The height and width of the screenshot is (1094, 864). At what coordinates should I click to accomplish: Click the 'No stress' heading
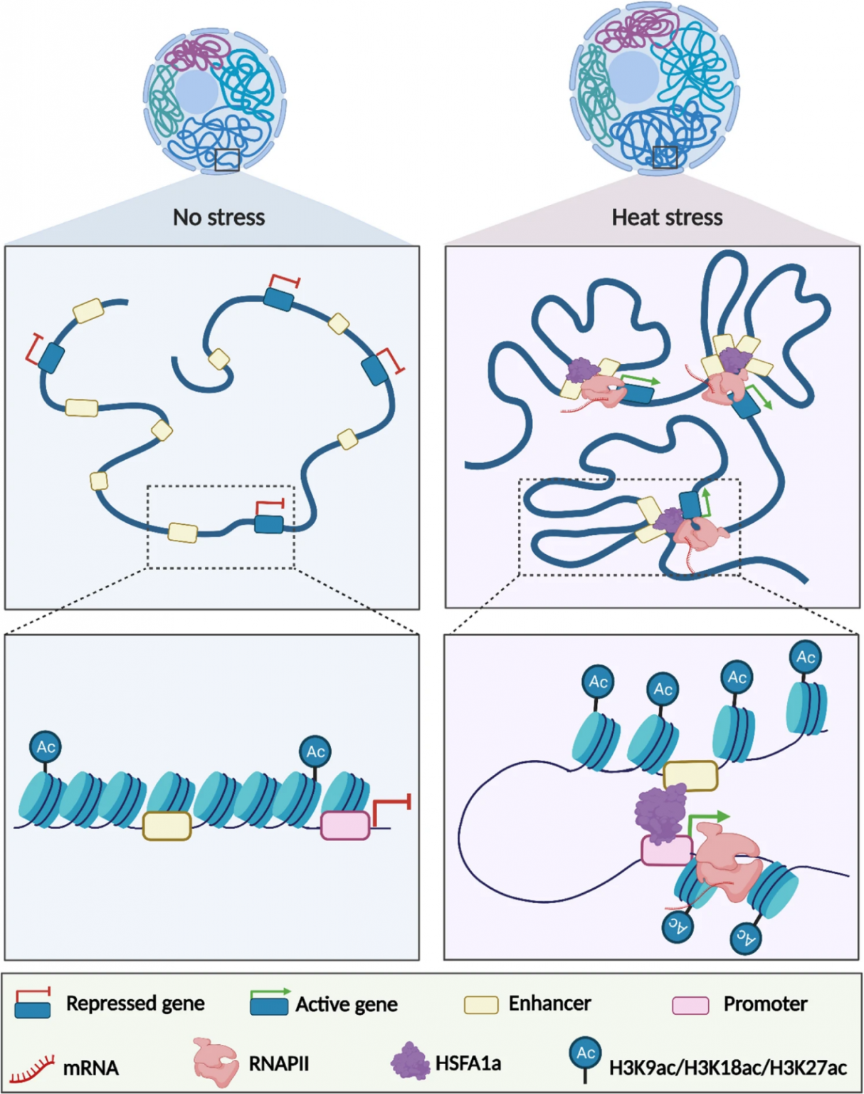pos(218,217)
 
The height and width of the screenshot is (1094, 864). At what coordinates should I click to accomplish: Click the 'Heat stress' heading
pos(667,217)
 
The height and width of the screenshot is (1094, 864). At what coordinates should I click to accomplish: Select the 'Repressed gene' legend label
pos(135,1004)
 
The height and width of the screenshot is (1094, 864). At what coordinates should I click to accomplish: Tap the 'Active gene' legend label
pos(347,1004)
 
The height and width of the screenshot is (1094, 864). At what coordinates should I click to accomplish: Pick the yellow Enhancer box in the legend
pos(481,1005)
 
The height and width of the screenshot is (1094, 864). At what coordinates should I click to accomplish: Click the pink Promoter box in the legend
pos(690,1005)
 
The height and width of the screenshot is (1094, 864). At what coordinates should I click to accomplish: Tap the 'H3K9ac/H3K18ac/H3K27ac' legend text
pos(727,1068)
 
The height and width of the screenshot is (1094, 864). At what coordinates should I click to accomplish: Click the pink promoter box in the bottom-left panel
pos(345,825)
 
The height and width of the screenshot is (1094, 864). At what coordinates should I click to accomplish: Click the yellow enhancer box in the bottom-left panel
pos(167,826)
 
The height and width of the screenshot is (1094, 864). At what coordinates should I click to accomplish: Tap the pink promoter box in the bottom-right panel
pos(666,850)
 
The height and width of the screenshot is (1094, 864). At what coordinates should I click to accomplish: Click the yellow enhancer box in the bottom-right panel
pos(690,776)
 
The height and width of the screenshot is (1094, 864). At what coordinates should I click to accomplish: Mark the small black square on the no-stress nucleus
pos(227,160)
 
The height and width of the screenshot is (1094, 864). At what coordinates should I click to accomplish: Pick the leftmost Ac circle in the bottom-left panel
pos(46,746)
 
